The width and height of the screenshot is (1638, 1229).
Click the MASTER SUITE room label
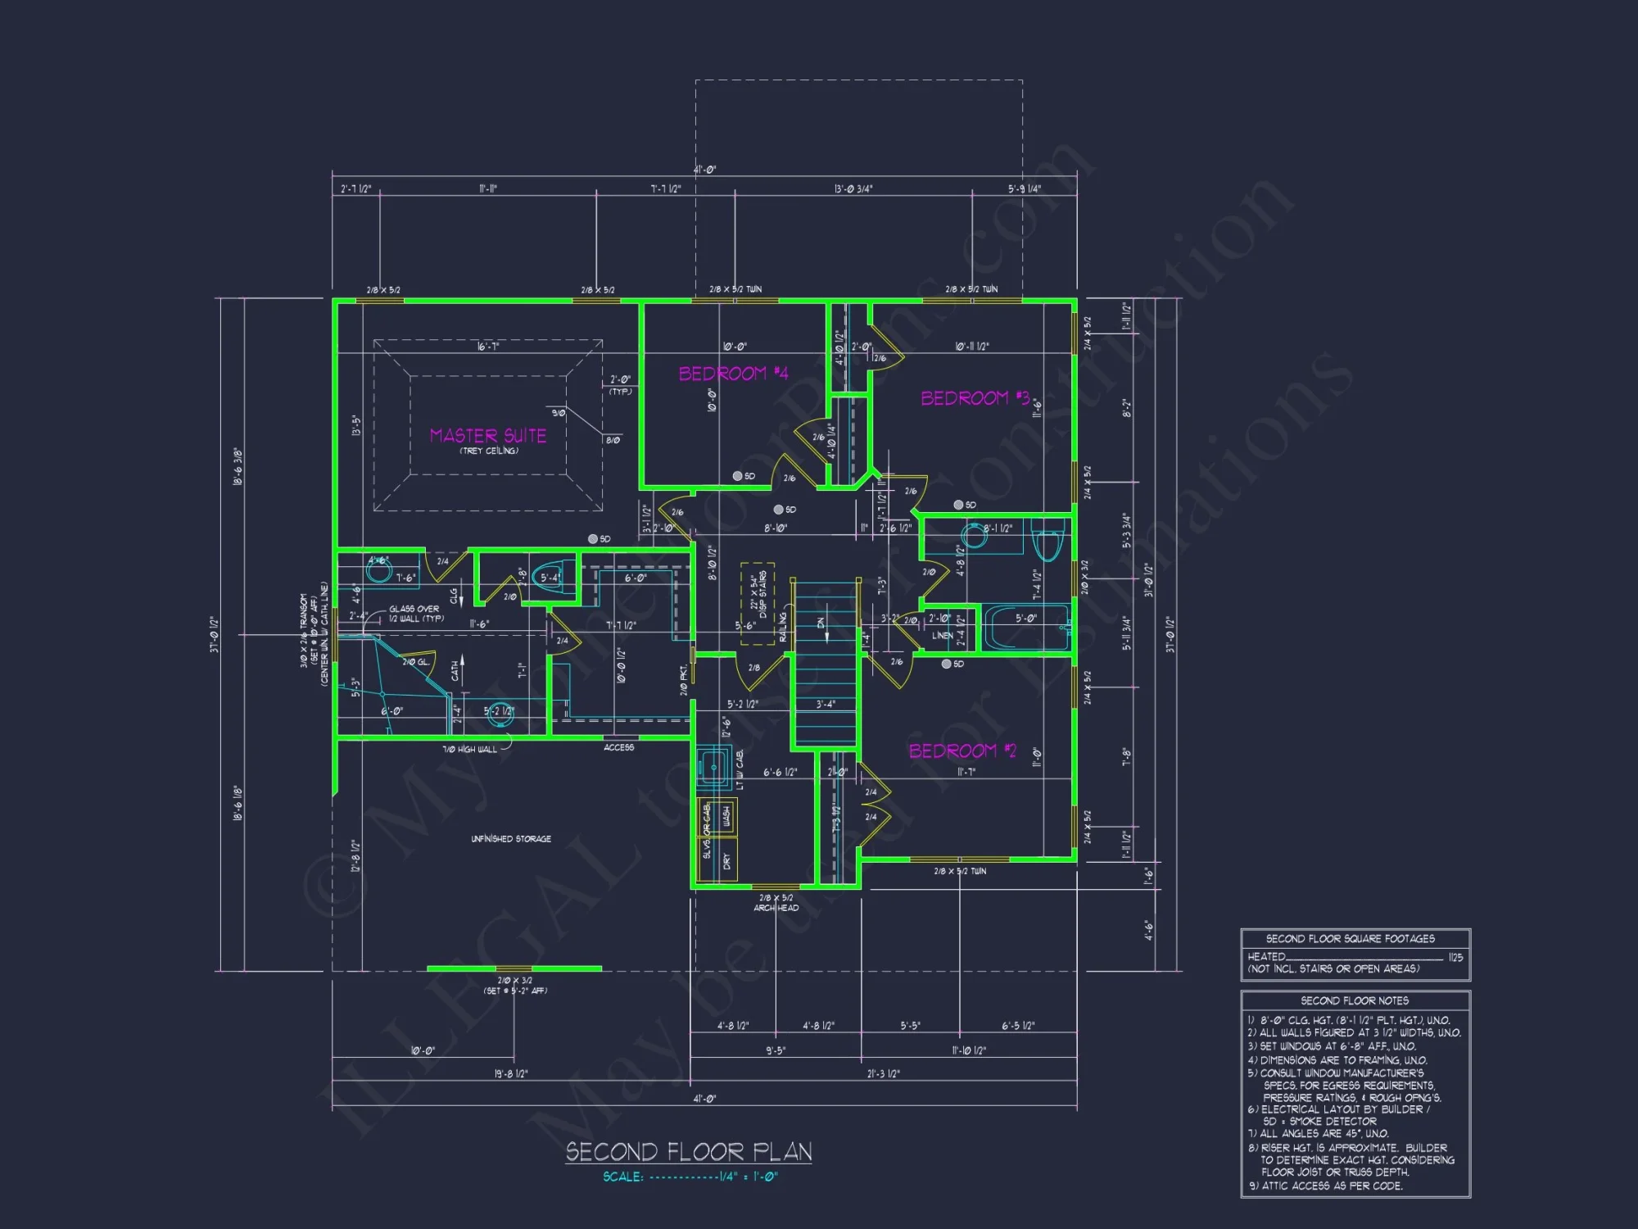coord(487,435)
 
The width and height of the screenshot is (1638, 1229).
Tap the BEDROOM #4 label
coord(733,374)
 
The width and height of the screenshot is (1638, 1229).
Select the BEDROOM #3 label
coord(975,398)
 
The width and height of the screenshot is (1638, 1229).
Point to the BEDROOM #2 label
coord(962,751)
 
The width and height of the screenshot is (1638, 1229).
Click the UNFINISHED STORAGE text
coord(511,839)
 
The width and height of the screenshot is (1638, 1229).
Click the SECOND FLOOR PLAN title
coord(689,1152)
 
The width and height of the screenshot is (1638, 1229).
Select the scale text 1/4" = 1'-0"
coord(748,1177)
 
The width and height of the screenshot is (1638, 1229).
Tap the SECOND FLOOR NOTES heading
coord(1355,1000)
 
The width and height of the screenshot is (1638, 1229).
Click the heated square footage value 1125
coord(1455,957)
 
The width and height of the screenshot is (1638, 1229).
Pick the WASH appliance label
coord(726,816)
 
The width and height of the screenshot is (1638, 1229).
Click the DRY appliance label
coord(726,861)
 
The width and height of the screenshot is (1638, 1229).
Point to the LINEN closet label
coord(943,635)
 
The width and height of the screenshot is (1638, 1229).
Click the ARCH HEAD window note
coord(776,908)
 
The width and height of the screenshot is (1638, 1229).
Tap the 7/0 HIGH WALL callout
coord(469,749)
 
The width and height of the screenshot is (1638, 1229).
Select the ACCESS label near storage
coord(618,747)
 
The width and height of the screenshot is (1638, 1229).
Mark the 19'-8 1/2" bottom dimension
coord(511,1073)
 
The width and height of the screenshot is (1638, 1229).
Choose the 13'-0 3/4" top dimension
coord(853,189)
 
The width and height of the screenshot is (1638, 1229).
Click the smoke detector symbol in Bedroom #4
coord(737,476)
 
